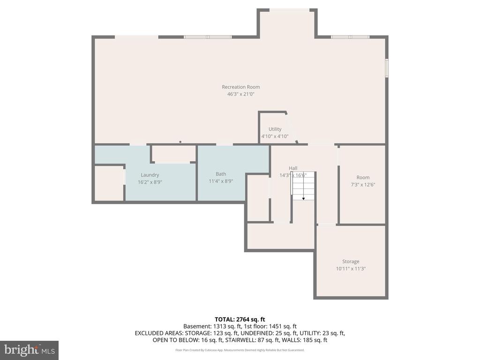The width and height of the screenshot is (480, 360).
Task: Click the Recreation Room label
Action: [x=240, y=87]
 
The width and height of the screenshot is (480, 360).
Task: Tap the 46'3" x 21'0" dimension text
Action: [x=240, y=94]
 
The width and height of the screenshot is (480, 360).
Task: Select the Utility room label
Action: [x=275, y=129]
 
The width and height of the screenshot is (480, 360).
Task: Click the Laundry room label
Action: [x=150, y=175]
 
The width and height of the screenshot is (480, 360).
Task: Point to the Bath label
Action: [x=221, y=174]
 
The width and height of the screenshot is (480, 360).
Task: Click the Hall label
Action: [x=293, y=168]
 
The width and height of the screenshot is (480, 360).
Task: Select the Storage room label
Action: [x=351, y=262]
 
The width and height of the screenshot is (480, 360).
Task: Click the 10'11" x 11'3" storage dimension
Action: [x=351, y=269]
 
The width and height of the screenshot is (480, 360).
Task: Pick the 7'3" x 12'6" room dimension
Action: [x=363, y=185]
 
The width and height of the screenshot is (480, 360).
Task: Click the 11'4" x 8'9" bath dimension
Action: [x=221, y=181]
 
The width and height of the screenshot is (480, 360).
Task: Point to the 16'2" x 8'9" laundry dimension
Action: [x=150, y=182]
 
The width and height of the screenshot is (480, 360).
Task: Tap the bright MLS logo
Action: [x=29, y=350]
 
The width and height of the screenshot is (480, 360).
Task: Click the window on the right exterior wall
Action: [x=387, y=68]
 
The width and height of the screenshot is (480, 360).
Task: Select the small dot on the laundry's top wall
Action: [x=180, y=142]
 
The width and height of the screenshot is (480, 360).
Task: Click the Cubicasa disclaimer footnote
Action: [x=240, y=350]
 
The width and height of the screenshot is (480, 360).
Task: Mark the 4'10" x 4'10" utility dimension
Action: [x=275, y=136]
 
